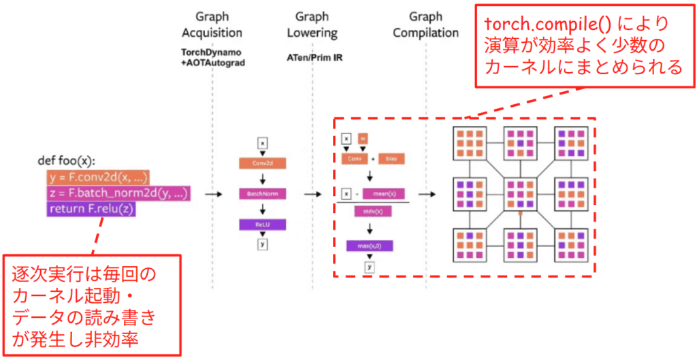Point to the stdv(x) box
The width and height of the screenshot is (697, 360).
368,212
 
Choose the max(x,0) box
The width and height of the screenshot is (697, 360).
368,245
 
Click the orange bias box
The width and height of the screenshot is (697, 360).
391,159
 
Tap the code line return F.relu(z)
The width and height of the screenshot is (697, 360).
91,209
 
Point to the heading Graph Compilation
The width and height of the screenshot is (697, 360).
426,24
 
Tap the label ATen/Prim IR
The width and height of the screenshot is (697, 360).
314,58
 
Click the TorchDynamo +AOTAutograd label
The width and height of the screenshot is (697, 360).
212,56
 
